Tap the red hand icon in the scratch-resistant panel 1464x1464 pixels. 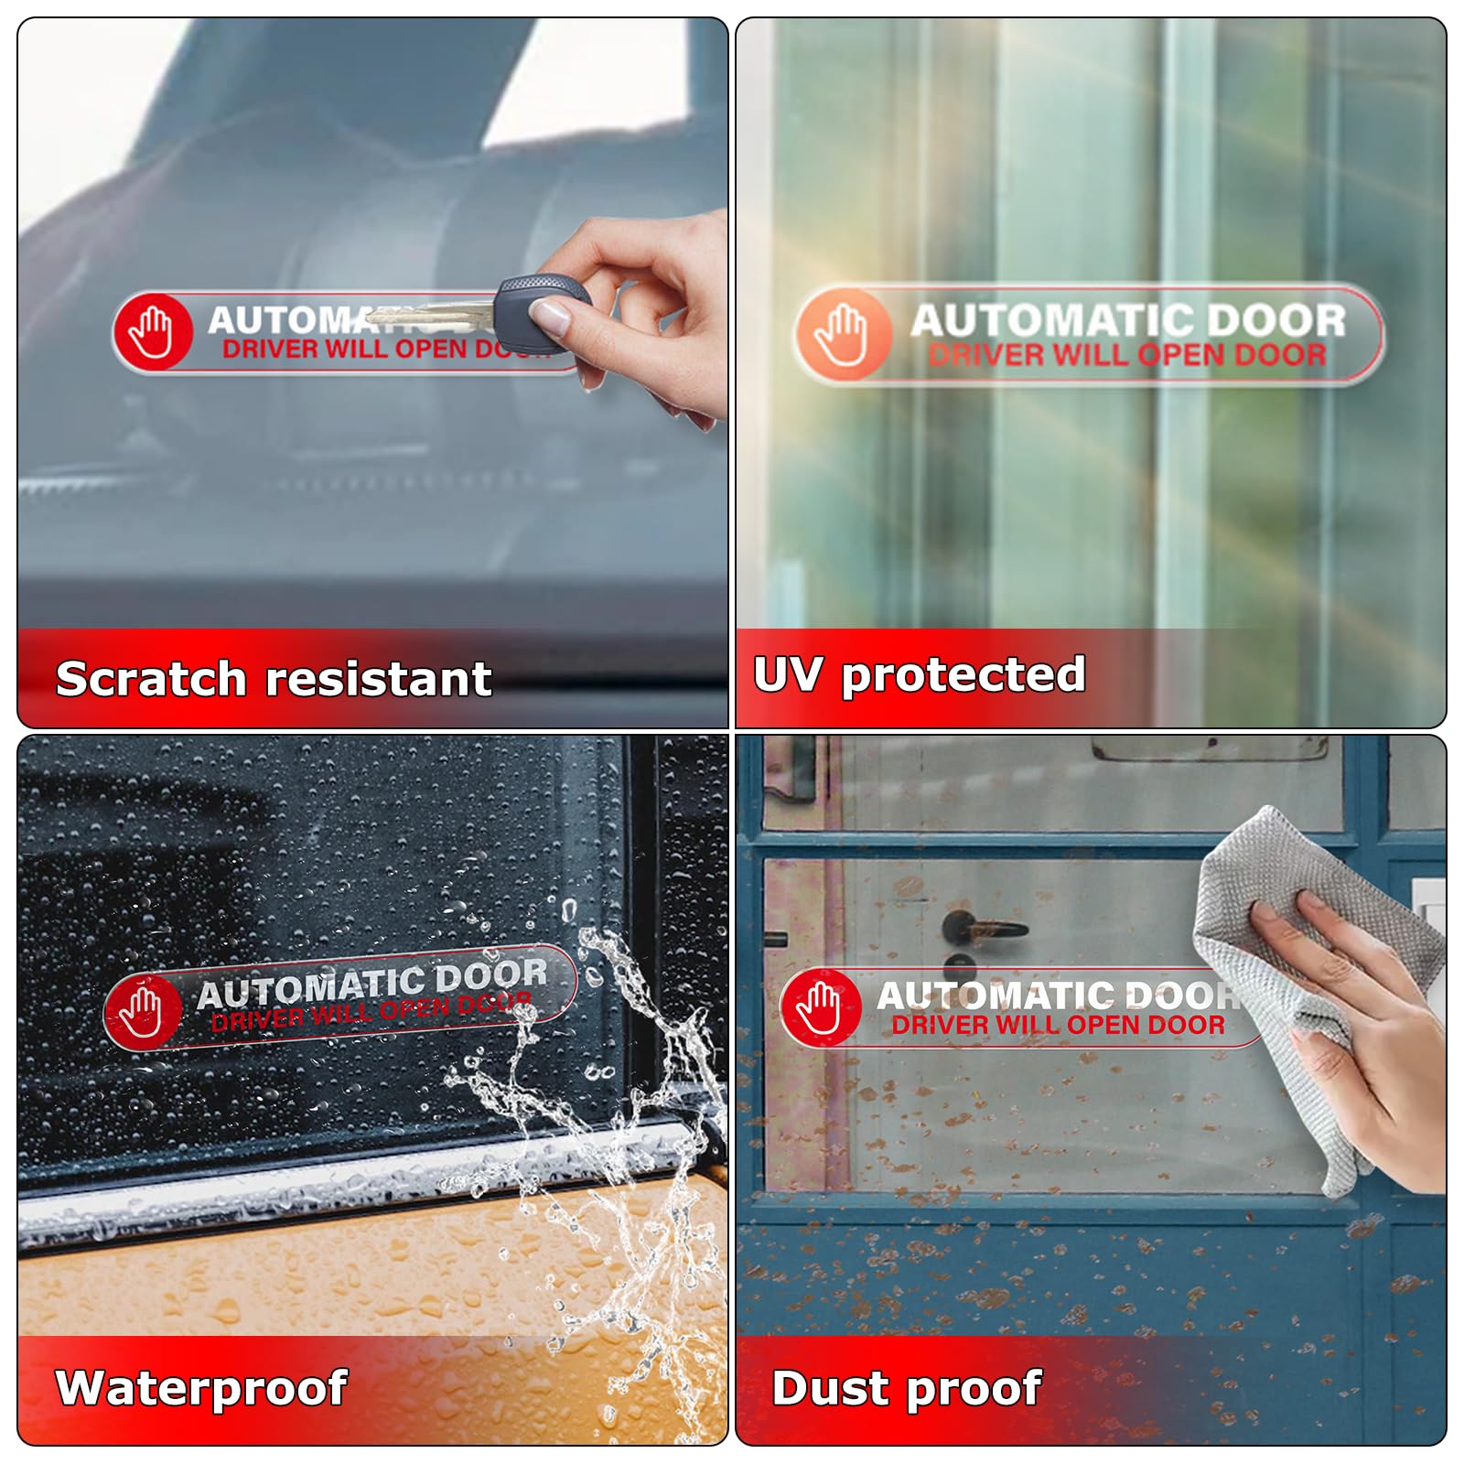click(152, 331)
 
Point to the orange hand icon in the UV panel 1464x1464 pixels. click(842, 334)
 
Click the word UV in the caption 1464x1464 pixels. click(787, 675)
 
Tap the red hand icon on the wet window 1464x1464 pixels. click(143, 1011)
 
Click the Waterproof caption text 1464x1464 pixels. click(201, 1388)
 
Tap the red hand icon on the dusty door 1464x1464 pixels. click(820, 1007)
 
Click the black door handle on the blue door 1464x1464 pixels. click(985, 928)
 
